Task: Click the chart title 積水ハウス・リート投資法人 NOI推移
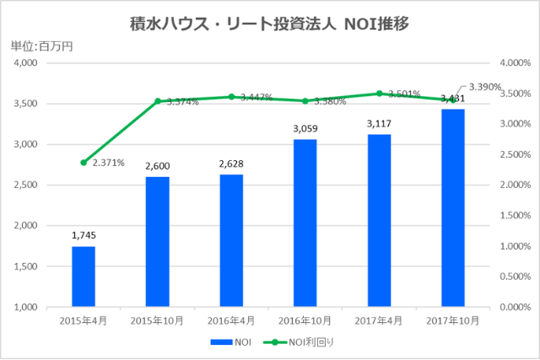pyautogui.click(x=270, y=24)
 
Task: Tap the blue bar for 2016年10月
pyautogui.click(x=305, y=223)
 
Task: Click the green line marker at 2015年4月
pyautogui.click(x=84, y=162)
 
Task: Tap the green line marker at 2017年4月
pyautogui.click(x=379, y=94)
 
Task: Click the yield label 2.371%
pyautogui.click(x=109, y=163)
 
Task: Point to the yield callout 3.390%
pyautogui.click(x=485, y=86)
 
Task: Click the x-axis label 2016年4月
pyautogui.click(x=231, y=320)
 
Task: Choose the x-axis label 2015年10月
pyautogui.click(x=157, y=320)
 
